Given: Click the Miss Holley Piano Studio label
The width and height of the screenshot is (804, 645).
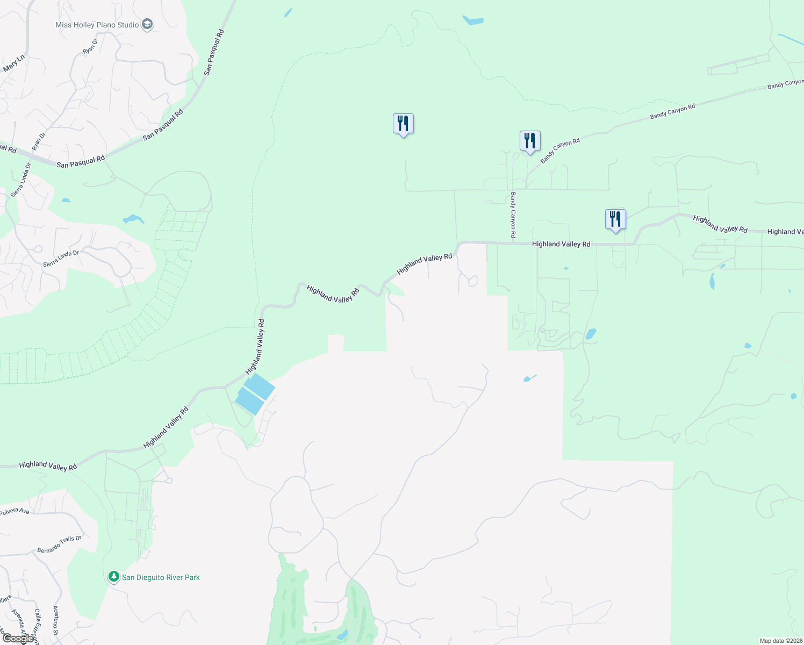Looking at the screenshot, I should point(97,25).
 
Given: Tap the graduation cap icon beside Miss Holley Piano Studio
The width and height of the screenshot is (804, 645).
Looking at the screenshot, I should point(147,24).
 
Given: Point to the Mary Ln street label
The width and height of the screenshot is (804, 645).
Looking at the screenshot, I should point(14,63).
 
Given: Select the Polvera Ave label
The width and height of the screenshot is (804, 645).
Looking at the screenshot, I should point(15,511).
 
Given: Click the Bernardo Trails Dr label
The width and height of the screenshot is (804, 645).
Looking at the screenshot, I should point(59,544).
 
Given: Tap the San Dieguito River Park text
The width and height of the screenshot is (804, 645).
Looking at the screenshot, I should point(161,577).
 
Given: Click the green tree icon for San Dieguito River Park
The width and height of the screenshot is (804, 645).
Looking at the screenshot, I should point(113,577).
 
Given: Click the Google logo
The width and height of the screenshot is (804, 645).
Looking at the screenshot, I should point(17,639).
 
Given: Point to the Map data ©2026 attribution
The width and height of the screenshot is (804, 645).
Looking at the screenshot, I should point(780,641).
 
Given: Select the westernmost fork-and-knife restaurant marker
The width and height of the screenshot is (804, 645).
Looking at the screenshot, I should point(403,124).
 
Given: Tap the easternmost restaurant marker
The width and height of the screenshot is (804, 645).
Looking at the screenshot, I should point(615,219).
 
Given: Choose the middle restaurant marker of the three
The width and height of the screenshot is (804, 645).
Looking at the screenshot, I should point(530,141).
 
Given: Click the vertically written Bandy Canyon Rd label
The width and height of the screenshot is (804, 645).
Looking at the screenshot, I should point(513,215).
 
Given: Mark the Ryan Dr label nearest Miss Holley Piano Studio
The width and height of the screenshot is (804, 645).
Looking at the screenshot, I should point(90,46).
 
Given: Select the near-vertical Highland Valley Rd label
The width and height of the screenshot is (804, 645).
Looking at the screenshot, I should point(255,347).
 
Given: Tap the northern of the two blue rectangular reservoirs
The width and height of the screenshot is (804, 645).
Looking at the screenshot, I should point(259,386).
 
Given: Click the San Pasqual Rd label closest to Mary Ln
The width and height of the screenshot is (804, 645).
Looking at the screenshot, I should point(214,52).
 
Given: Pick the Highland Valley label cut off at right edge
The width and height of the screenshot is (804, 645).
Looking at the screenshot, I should point(785,232).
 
